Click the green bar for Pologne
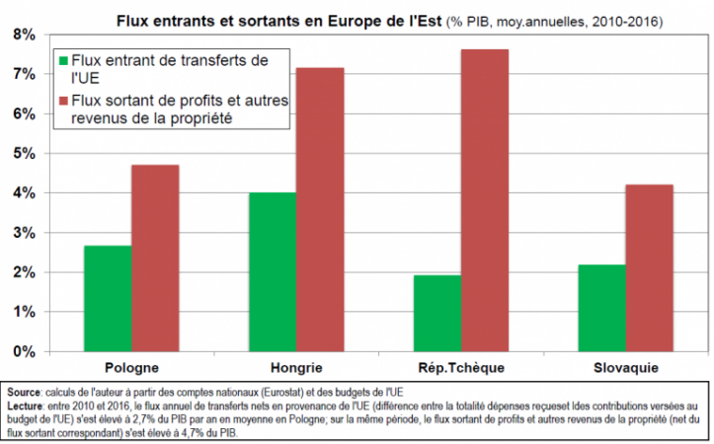[x=108, y=298]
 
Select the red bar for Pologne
[x=155, y=258]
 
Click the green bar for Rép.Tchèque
[x=436, y=313]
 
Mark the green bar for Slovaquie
[x=601, y=307]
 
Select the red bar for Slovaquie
[x=649, y=267]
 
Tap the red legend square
[x=64, y=101]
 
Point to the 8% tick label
[x=24, y=35]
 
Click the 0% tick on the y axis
[x=24, y=351]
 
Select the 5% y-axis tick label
[x=24, y=154]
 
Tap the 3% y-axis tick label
[x=24, y=233]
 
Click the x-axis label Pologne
[x=131, y=367]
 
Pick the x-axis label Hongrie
[x=295, y=367]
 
